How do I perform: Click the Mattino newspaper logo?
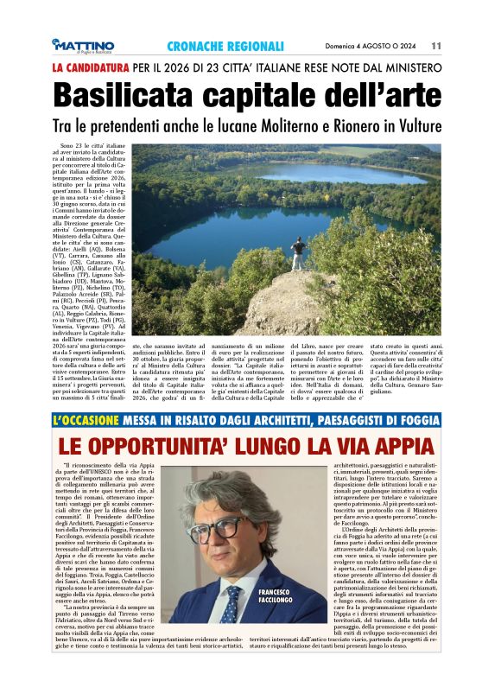pos(83,46)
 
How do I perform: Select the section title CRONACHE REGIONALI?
pos(225,46)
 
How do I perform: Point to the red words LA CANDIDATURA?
pos(90,67)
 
